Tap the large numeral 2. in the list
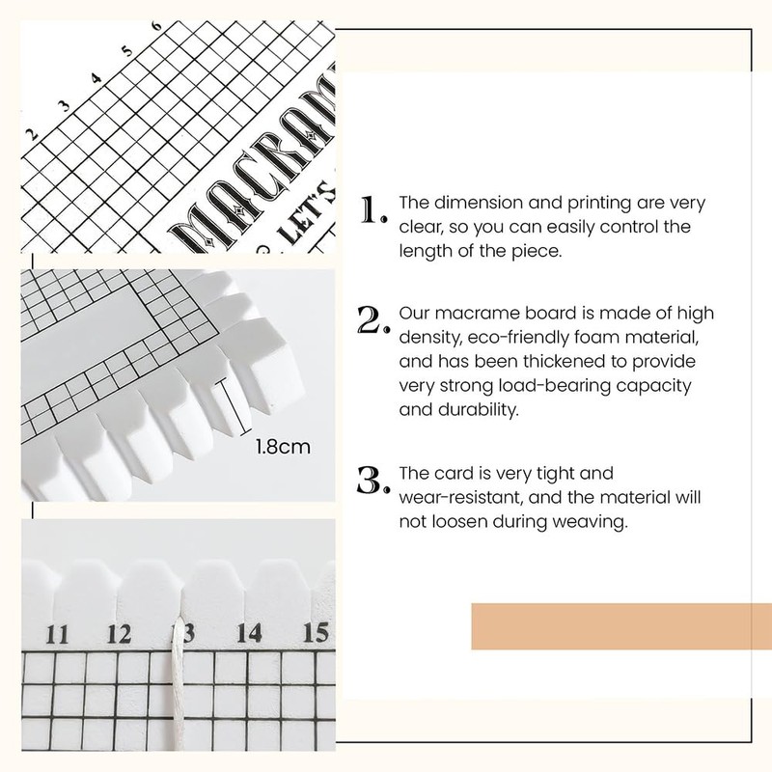pos(373,322)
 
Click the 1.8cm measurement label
pos(282,448)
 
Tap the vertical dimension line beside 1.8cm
pos(229,405)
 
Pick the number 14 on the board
pos(248,633)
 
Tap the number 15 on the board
pos(315,633)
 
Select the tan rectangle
pos(620,626)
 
